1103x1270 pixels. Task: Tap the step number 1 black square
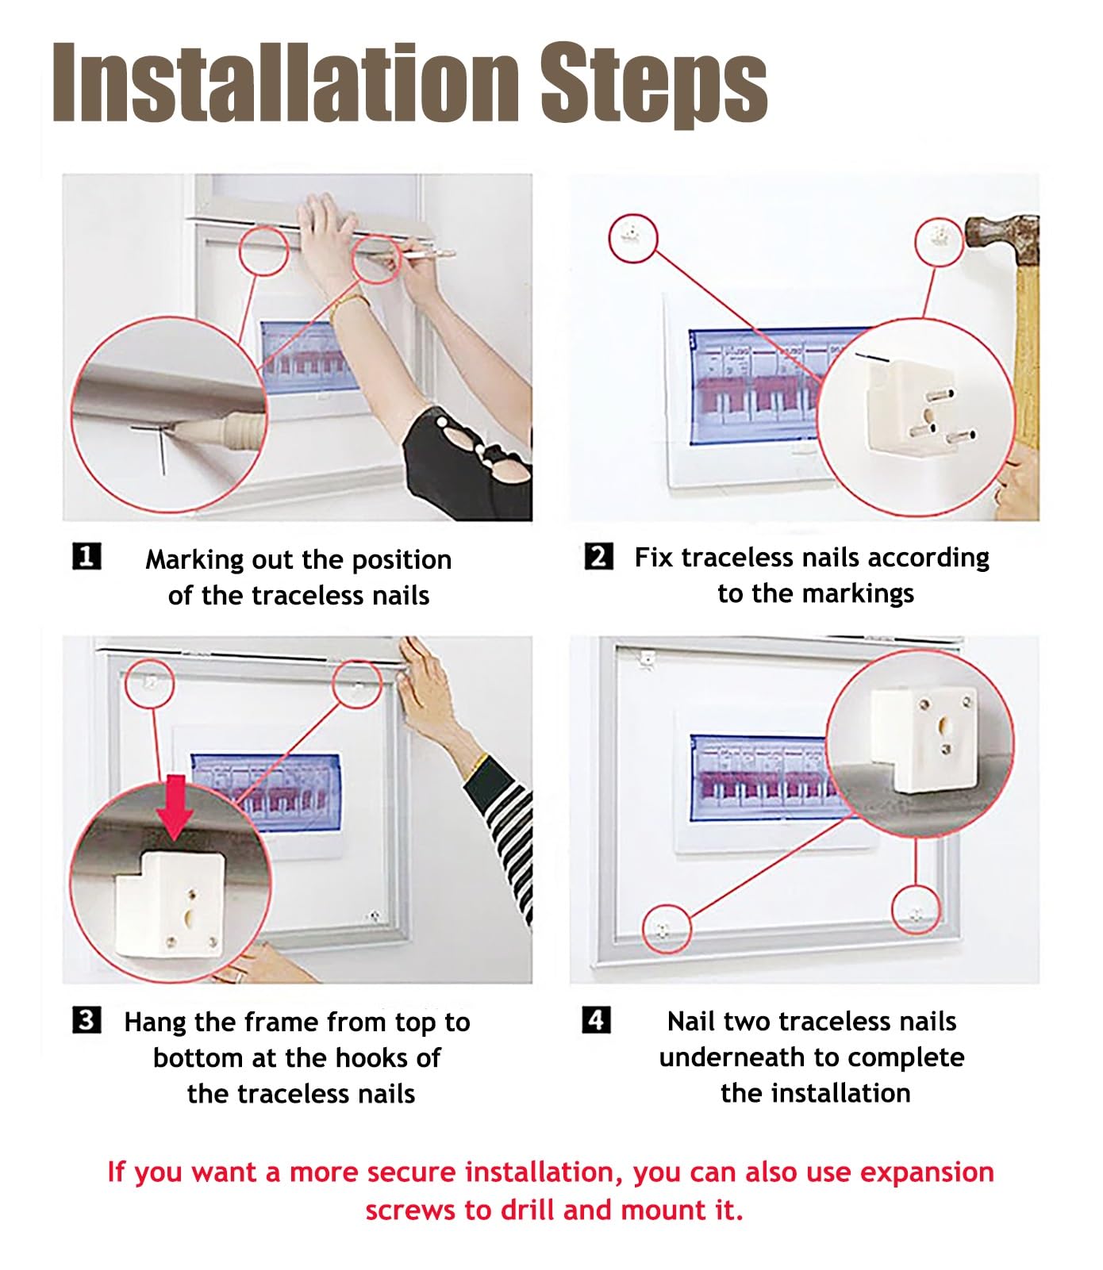pos(86,556)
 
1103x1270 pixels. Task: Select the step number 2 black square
pos(599,556)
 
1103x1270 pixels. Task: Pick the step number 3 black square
pos(86,1019)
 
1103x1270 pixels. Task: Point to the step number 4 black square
pos(597,1019)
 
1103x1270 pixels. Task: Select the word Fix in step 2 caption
pos(653,557)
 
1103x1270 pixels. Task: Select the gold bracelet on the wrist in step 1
pos(346,303)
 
